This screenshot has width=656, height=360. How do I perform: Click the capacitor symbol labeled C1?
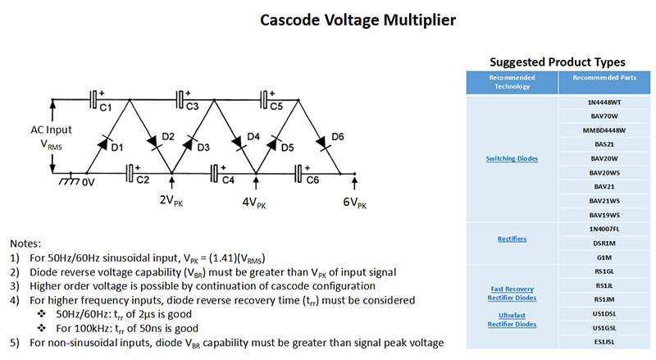tap(93, 99)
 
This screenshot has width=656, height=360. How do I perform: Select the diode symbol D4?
tap(239, 143)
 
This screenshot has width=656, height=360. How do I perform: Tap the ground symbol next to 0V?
tap(70, 180)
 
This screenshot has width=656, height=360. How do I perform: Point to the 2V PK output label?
tap(171, 201)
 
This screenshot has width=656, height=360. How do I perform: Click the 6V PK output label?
tap(355, 203)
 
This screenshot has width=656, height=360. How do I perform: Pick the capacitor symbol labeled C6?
tap(298, 173)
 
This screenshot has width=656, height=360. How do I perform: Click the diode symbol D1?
tap(103, 144)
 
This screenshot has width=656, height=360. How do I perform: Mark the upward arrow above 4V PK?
tap(256, 184)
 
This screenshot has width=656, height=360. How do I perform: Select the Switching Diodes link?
tap(512, 158)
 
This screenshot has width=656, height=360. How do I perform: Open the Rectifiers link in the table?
tap(512, 239)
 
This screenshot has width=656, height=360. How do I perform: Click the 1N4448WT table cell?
tap(604, 103)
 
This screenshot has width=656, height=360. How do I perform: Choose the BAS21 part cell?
tap(604, 144)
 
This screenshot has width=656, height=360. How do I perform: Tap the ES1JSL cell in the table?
tap(604, 342)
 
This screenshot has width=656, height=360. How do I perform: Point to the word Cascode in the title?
tap(289, 21)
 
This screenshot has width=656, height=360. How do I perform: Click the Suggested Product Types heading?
tap(558, 62)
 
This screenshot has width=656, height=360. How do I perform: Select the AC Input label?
tap(51, 130)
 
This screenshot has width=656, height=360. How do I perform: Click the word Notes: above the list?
tap(25, 244)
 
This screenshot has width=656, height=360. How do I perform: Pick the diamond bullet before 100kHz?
tap(42, 328)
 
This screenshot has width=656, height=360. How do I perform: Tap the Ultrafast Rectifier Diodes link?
tap(512, 320)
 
